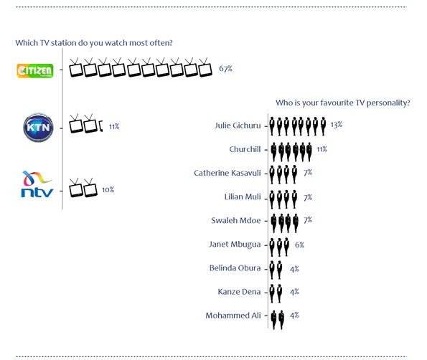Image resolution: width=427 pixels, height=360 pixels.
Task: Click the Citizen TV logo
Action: (35, 71)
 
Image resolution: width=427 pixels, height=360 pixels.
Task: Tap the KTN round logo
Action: (38, 128)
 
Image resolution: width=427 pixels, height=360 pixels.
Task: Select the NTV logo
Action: (37, 184)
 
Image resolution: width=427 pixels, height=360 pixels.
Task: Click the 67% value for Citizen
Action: (225, 68)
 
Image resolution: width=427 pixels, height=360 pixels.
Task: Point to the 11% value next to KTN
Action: (114, 126)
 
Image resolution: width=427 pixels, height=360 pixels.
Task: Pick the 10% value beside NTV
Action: (108, 189)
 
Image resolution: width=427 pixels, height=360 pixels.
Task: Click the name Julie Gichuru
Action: (238, 125)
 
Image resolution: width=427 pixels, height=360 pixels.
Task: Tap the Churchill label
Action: (245, 149)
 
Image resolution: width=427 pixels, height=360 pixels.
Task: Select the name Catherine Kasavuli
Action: (227, 173)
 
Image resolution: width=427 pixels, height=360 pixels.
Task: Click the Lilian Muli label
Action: (243, 196)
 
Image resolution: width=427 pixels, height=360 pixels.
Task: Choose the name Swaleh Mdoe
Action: (236, 220)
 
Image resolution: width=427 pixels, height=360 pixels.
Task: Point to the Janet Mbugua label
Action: (235, 245)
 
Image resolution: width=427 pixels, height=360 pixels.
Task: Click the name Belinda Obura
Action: (235, 267)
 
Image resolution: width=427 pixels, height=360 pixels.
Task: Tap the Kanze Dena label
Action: (239, 292)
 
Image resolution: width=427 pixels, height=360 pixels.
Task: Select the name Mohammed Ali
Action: (233, 316)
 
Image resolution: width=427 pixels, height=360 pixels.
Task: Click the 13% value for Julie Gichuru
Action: (337, 125)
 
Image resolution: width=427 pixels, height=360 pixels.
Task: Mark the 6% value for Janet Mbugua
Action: (299, 245)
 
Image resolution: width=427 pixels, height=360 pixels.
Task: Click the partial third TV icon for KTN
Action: (100, 126)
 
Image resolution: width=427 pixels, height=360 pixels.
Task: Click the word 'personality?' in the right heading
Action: (388, 103)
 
